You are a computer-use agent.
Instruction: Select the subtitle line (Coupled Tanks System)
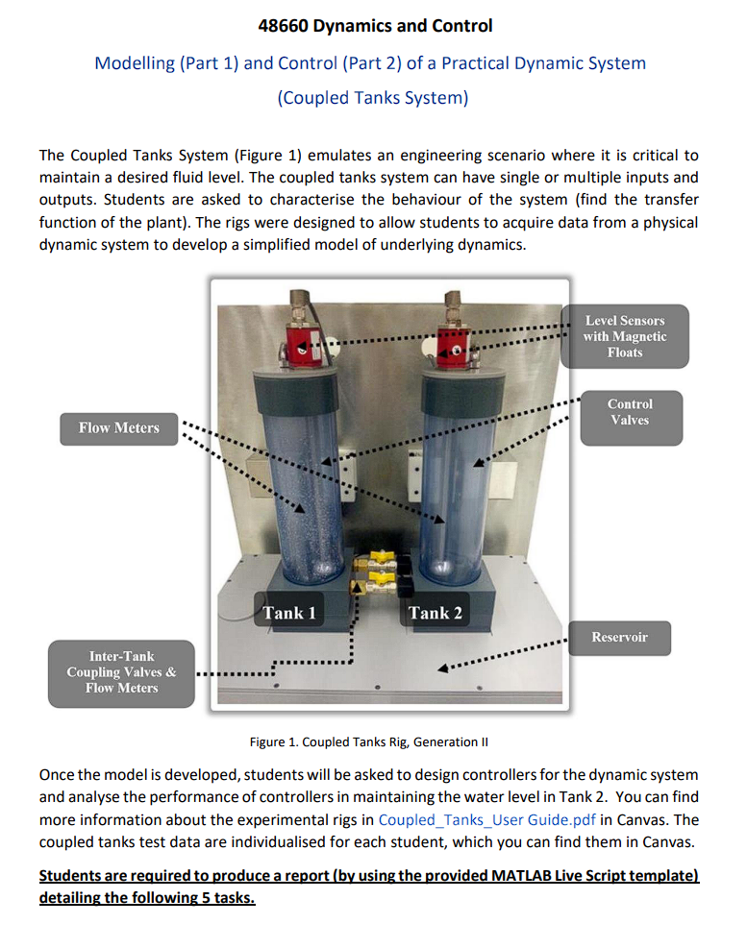tap(373, 98)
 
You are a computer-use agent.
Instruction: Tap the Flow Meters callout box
tap(119, 428)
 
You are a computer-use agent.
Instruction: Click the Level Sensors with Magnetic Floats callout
tap(624, 336)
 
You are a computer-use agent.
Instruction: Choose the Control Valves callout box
tap(630, 412)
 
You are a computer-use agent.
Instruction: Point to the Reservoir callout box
tap(619, 637)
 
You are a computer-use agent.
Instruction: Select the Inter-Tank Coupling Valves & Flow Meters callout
tap(121, 672)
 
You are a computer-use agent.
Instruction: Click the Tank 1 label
tap(289, 613)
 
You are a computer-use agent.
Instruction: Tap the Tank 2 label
tap(435, 613)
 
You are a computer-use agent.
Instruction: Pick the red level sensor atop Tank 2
tap(450, 347)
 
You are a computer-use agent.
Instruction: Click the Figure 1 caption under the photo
tap(363, 741)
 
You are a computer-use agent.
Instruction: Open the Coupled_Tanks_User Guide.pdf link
tap(486, 819)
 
